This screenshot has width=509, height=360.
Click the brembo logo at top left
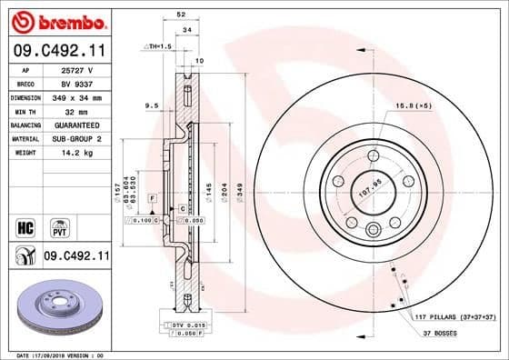(56, 19)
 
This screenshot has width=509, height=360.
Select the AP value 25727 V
(75, 69)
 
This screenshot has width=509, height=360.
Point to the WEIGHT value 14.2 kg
(75, 154)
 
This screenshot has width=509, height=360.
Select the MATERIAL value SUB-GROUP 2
(75, 139)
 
